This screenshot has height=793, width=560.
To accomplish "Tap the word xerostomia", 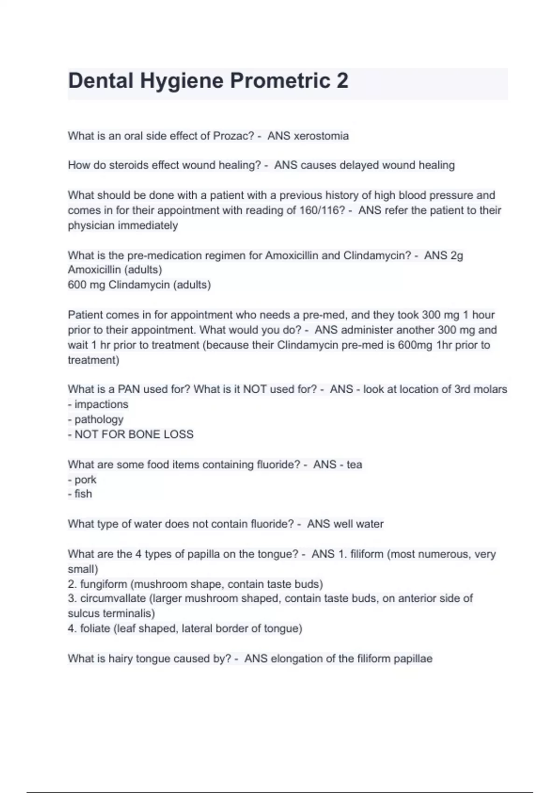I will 321,136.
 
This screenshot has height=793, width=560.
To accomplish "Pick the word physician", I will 91,225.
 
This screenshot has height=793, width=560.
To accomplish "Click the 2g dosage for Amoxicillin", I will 456,256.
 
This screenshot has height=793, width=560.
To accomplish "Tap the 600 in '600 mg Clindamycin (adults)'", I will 77,285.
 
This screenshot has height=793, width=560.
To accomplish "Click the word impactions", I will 101,404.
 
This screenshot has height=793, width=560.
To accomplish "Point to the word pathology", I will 99,419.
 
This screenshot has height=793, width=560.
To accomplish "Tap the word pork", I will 85,480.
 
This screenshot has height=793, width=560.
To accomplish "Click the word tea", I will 354,465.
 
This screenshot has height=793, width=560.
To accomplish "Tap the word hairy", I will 121,659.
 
